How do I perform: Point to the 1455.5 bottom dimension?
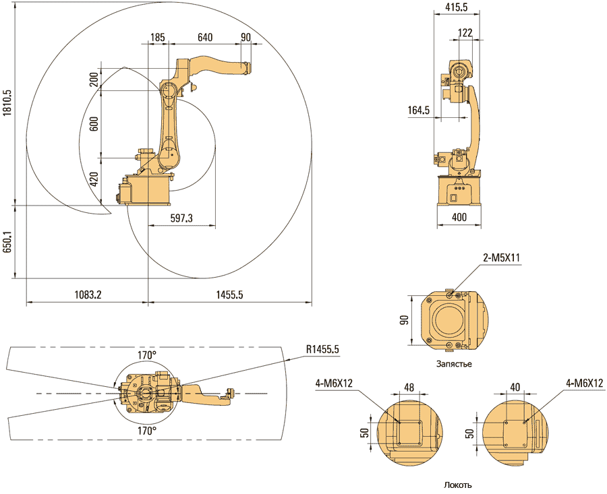(230, 295)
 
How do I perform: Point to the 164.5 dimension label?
(419, 110)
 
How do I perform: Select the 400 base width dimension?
(459, 218)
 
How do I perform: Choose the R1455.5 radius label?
(322, 349)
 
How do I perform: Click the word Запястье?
(454, 364)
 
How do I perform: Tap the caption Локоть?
(458, 485)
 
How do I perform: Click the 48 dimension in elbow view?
(408, 387)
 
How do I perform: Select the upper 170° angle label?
(147, 354)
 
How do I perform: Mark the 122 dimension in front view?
(465, 32)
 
